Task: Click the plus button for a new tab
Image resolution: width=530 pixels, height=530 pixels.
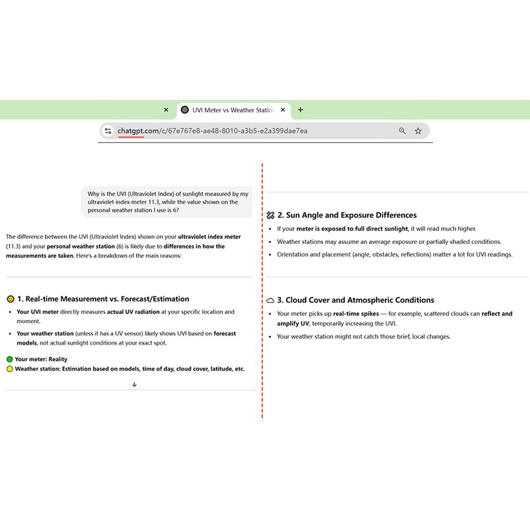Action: click(x=301, y=110)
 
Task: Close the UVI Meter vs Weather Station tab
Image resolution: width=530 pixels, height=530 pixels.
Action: click(x=282, y=110)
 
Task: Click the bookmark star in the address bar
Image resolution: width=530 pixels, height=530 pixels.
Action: click(x=418, y=131)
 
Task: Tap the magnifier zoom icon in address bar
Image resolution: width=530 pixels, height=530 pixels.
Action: click(x=402, y=131)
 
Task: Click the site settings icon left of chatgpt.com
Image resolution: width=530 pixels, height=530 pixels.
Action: click(x=108, y=131)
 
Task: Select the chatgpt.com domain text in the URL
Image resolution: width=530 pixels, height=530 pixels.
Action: click(x=131, y=131)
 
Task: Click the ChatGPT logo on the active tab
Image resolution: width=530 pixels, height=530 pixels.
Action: click(x=184, y=110)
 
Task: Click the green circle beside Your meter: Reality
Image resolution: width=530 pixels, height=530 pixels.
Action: click(x=10, y=359)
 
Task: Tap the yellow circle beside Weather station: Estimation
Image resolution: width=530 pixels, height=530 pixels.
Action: click(x=10, y=369)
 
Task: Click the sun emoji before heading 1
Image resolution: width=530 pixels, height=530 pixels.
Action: click(x=10, y=299)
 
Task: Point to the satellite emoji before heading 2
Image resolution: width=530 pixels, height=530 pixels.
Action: click(x=270, y=215)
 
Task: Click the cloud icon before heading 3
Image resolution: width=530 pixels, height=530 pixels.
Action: click(x=270, y=300)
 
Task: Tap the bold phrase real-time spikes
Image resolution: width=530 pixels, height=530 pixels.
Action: click(x=356, y=314)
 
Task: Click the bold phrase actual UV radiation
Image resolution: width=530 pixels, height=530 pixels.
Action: click(x=133, y=312)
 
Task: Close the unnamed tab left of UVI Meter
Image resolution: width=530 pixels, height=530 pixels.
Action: click(x=166, y=110)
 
